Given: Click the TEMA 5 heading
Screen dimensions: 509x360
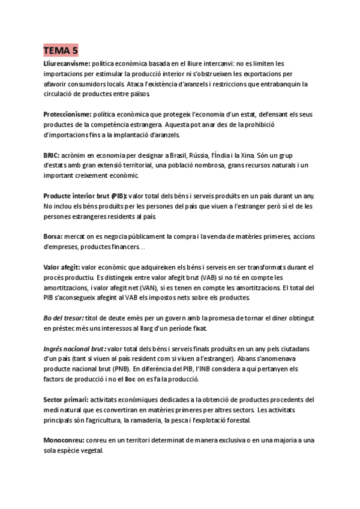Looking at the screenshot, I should click(x=61, y=50).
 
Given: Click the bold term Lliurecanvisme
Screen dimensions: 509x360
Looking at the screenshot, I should click(x=67, y=63).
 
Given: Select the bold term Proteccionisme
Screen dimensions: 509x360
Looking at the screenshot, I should click(x=67, y=114).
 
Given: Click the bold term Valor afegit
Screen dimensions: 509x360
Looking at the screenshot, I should click(x=62, y=267).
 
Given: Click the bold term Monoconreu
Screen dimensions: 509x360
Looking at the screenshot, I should click(x=65, y=441).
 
